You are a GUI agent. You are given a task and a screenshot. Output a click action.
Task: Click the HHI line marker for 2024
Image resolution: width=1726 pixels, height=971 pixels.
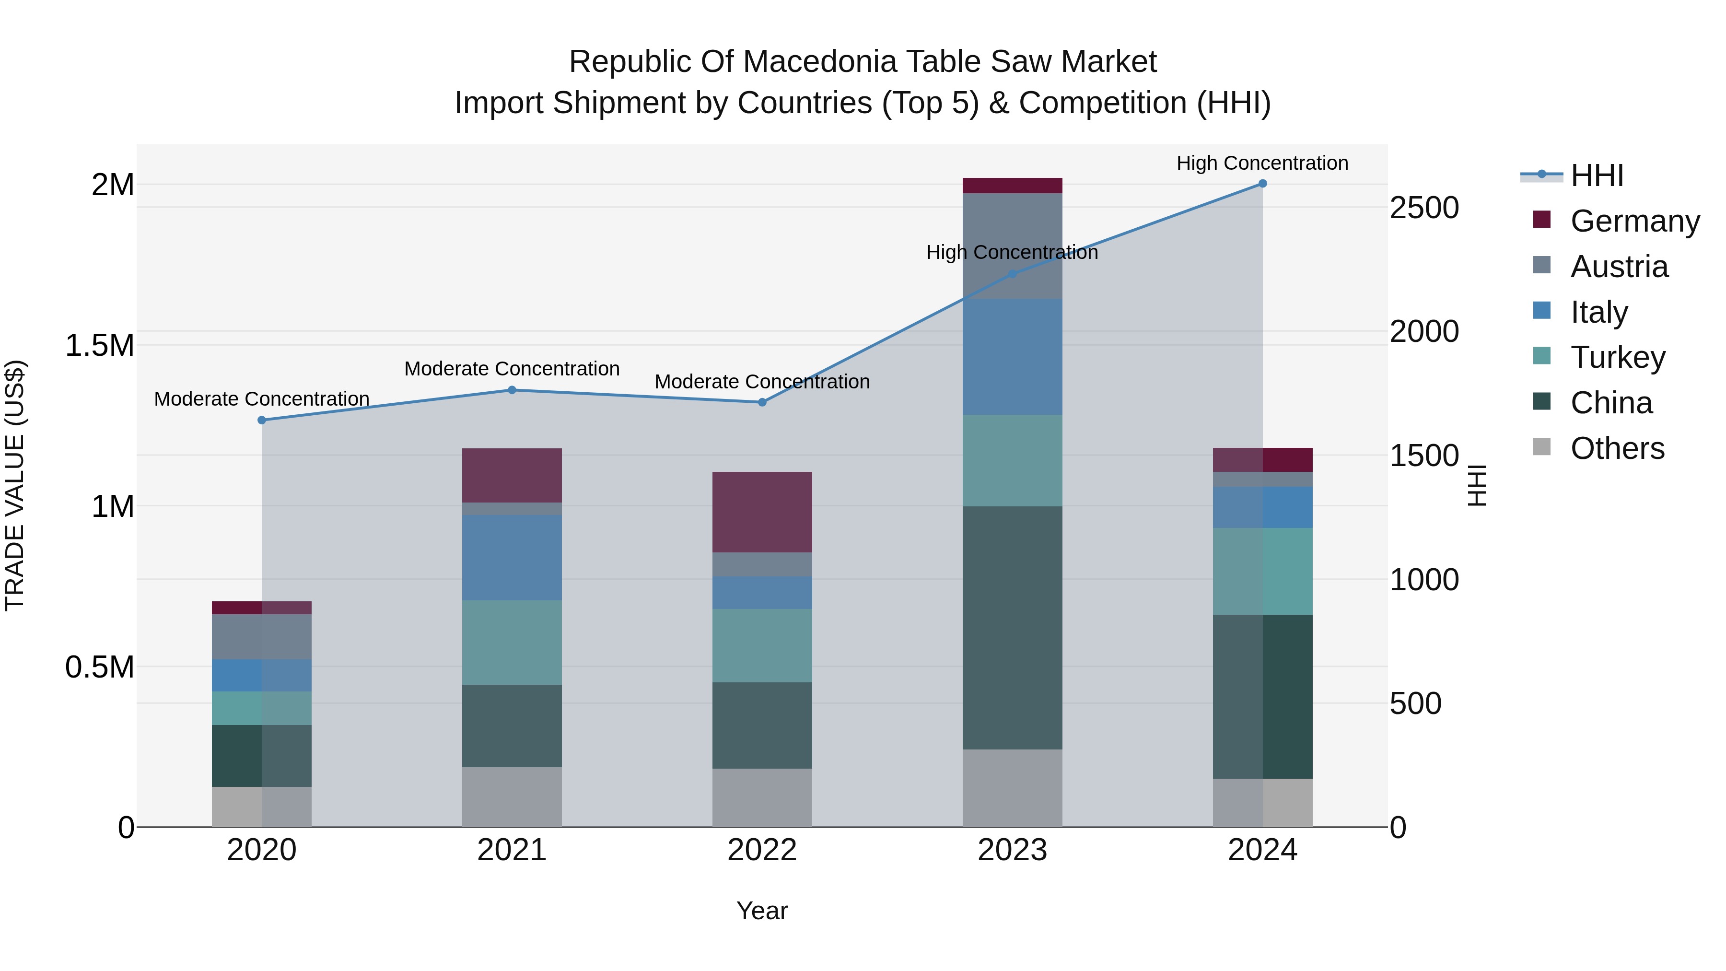coord(1262,183)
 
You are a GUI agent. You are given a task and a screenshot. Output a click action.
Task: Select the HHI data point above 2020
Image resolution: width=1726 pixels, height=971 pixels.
coord(261,420)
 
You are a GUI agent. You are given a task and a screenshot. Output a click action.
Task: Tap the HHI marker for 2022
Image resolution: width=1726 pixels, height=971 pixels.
coord(762,402)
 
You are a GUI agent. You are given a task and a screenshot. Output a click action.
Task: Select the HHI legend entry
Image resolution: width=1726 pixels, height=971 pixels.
coord(1596,175)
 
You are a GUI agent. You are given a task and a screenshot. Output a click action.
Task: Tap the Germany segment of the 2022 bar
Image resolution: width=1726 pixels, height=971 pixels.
coord(762,512)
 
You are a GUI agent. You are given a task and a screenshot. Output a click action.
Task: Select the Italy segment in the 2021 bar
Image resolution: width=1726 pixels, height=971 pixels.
coord(512,558)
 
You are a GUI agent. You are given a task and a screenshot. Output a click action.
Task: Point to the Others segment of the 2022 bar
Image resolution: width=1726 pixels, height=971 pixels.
coord(762,797)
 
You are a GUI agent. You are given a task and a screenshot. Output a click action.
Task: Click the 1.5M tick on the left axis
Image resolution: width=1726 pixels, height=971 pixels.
coord(99,346)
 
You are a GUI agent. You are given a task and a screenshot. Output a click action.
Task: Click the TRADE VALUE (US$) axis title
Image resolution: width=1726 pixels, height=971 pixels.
coord(15,485)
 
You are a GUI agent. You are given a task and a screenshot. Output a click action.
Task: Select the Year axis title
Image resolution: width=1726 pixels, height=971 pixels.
coord(762,911)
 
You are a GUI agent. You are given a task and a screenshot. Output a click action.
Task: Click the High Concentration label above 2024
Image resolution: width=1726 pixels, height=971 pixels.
coord(1262,163)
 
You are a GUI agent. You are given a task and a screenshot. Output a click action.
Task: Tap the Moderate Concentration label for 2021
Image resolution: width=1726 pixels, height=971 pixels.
coord(512,369)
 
